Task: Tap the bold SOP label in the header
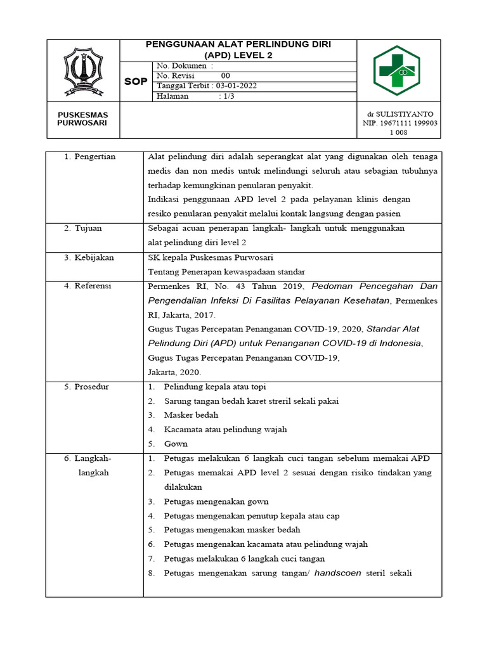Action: click(135, 82)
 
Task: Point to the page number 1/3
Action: click(226, 96)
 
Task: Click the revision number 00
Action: click(225, 75)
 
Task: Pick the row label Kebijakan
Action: click(93, 257)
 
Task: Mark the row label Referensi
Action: click(93, 286)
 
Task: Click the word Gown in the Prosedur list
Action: click(176, 444)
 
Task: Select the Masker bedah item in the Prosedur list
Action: click(191, 415)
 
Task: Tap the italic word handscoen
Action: click(338, 573)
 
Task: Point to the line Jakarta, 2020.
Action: click(174, 372)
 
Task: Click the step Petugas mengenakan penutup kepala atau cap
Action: click(251, 516)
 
